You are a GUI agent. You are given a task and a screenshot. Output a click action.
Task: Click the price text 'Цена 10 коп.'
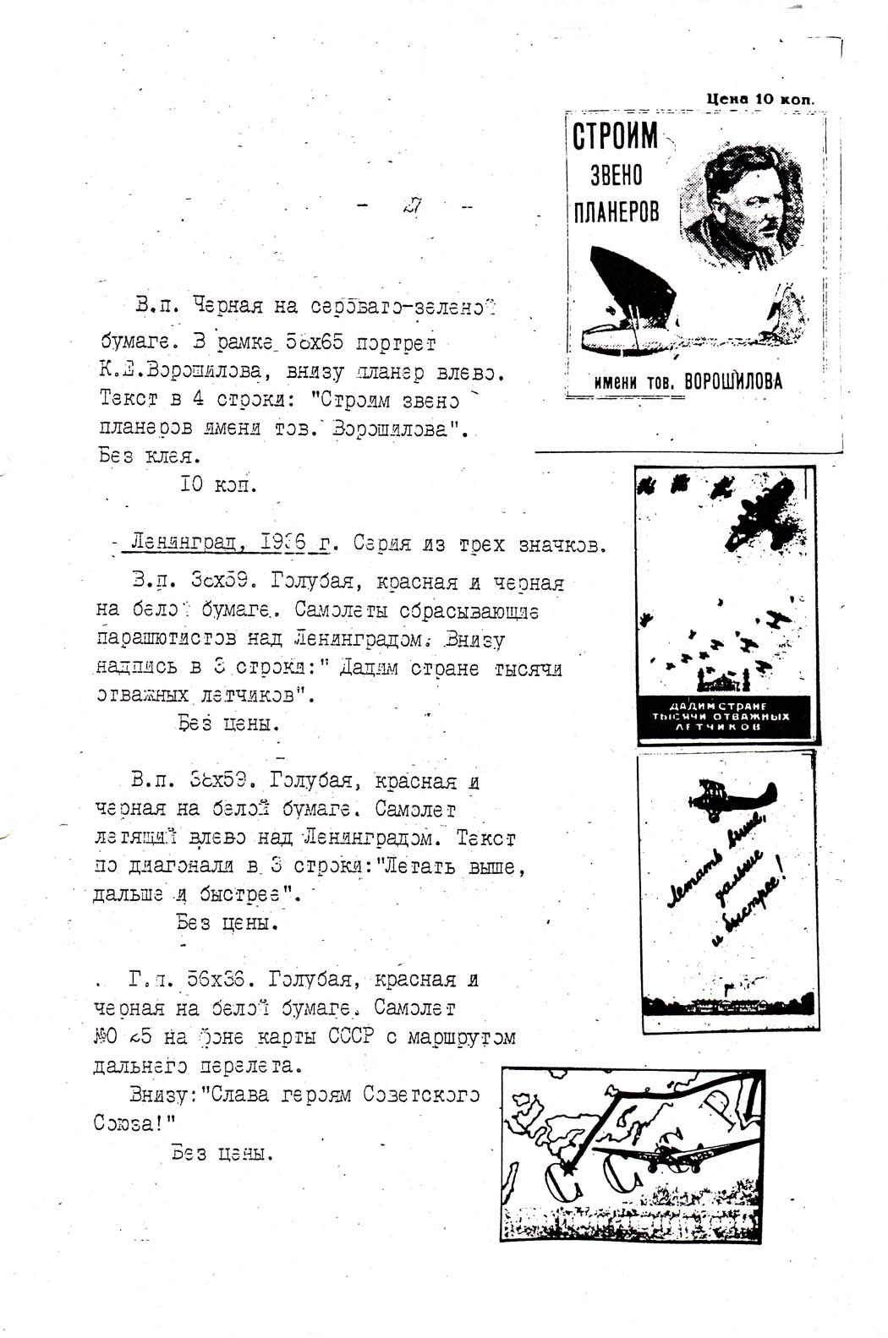point(760,99)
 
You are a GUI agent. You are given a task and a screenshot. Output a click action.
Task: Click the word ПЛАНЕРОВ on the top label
point(612,211)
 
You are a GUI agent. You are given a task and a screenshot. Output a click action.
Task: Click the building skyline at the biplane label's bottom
point(727,1006)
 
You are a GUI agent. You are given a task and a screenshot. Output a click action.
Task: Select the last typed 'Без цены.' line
point(222,1152)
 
